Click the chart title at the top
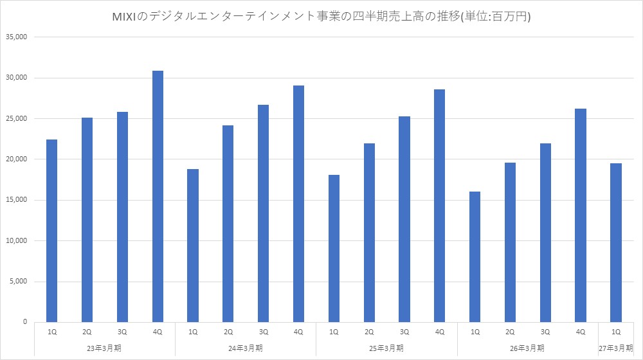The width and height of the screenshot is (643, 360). click(321, 17)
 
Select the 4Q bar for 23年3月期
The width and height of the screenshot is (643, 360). click(158, 197)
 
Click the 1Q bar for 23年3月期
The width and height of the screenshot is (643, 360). click(51, 231)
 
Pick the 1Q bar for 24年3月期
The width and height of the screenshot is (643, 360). click(193, 246)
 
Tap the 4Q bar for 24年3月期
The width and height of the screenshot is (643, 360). click(298, 204)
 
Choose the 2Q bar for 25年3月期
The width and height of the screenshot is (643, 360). click(369, 233)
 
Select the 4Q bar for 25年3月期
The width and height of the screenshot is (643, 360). click(440, 206)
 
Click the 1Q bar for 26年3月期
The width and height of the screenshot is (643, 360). click(475, 257)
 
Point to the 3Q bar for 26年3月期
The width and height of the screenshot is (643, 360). click(545, 233)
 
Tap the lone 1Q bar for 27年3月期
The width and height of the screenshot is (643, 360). click(616, 243)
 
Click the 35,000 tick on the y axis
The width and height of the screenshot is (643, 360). click(17, 37)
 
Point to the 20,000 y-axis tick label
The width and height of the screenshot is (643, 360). click(17, 159)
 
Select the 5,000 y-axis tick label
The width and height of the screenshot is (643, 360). click(19, 282)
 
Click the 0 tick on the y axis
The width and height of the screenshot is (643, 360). click(25, 322)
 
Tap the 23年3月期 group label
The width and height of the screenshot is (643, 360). click(104, 348)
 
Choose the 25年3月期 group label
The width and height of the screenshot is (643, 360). click(386, 348)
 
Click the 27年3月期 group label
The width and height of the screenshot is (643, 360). click(616, 348)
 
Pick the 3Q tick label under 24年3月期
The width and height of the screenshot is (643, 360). click(263, 332)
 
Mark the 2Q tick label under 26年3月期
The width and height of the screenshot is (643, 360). click(510, 332)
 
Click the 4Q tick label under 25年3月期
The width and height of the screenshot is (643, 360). click(440, 332)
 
